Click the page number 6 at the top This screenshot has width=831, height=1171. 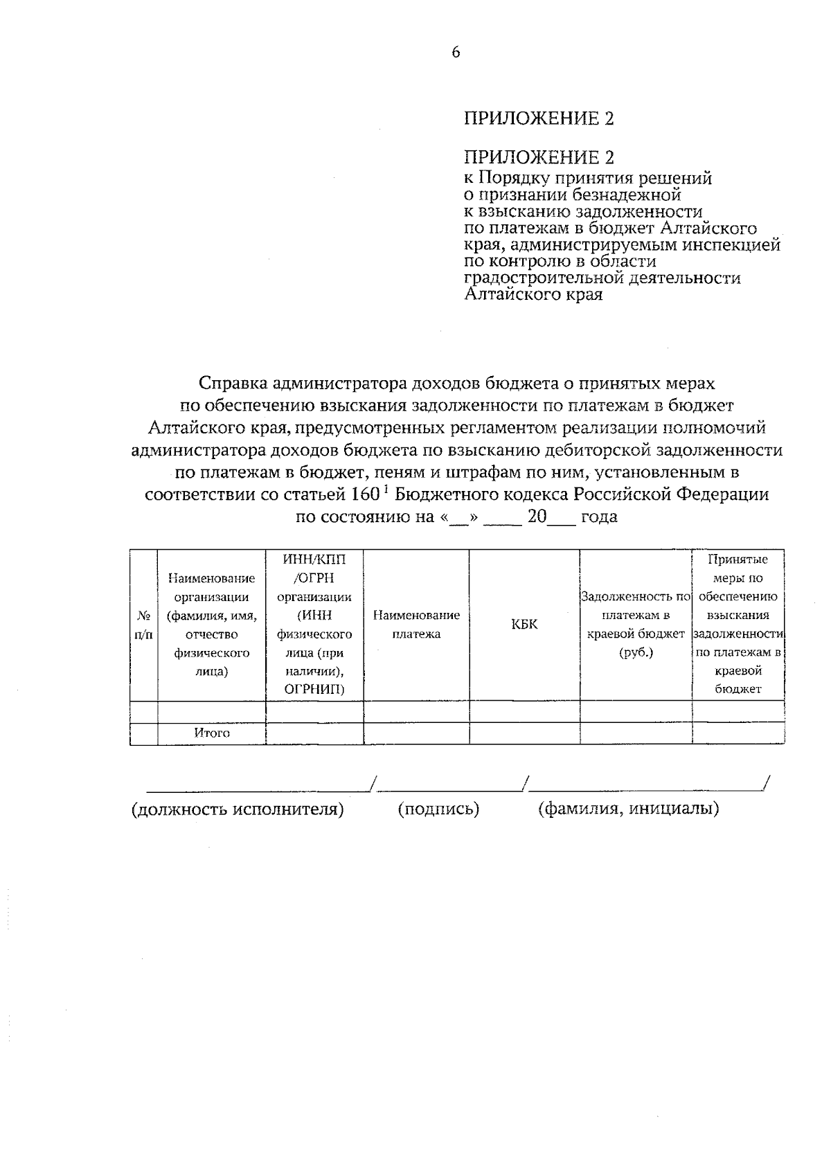pos(455,53)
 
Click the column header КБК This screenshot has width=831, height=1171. pos(524,625)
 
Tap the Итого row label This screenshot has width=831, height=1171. pos(212,733)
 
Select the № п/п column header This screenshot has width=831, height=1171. pos(143,625)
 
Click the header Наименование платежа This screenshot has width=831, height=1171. pos(416,625)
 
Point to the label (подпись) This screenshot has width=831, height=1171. pos(438,809)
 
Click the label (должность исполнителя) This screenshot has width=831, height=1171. pos(238,809)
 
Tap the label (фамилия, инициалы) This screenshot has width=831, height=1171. pos(628,809)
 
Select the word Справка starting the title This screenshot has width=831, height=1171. pos(233,383)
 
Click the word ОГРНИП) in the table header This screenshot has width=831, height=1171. pos(314,689)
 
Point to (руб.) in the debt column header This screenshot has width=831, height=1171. pos(636,652)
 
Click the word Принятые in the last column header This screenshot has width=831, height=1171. pos(738,560)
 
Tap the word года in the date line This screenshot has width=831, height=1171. pos(599,517)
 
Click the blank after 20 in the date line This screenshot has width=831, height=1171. pos(562,519)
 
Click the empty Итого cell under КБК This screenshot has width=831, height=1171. pos(524,733)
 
